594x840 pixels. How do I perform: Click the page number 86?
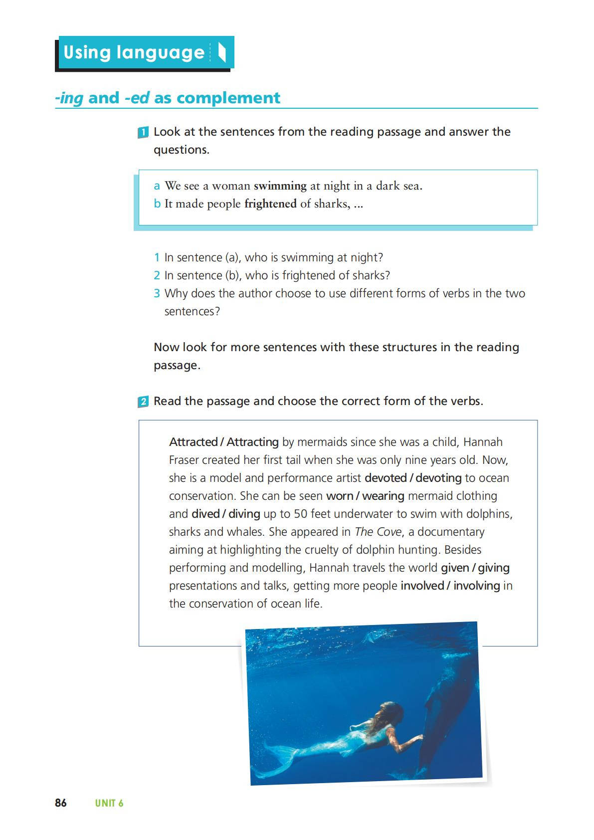pos(60,803)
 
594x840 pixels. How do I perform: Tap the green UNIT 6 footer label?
pos(109,803)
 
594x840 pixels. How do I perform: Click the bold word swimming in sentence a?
pos(280,186)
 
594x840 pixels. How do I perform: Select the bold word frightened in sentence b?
pos(270,204)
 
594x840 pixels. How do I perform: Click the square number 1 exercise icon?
pos(143,133)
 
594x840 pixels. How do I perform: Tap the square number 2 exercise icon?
pos(143,402)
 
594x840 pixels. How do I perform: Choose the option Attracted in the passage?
pos(193,442)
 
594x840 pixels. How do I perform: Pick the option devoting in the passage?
pos(438,478)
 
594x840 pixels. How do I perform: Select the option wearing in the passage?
pos(383,496)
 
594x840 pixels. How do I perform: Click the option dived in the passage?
pos(205,514)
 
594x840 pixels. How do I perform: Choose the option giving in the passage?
pos(494,568)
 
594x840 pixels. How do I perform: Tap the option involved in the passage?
pos(422,586)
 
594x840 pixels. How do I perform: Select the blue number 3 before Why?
pos(157,293)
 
